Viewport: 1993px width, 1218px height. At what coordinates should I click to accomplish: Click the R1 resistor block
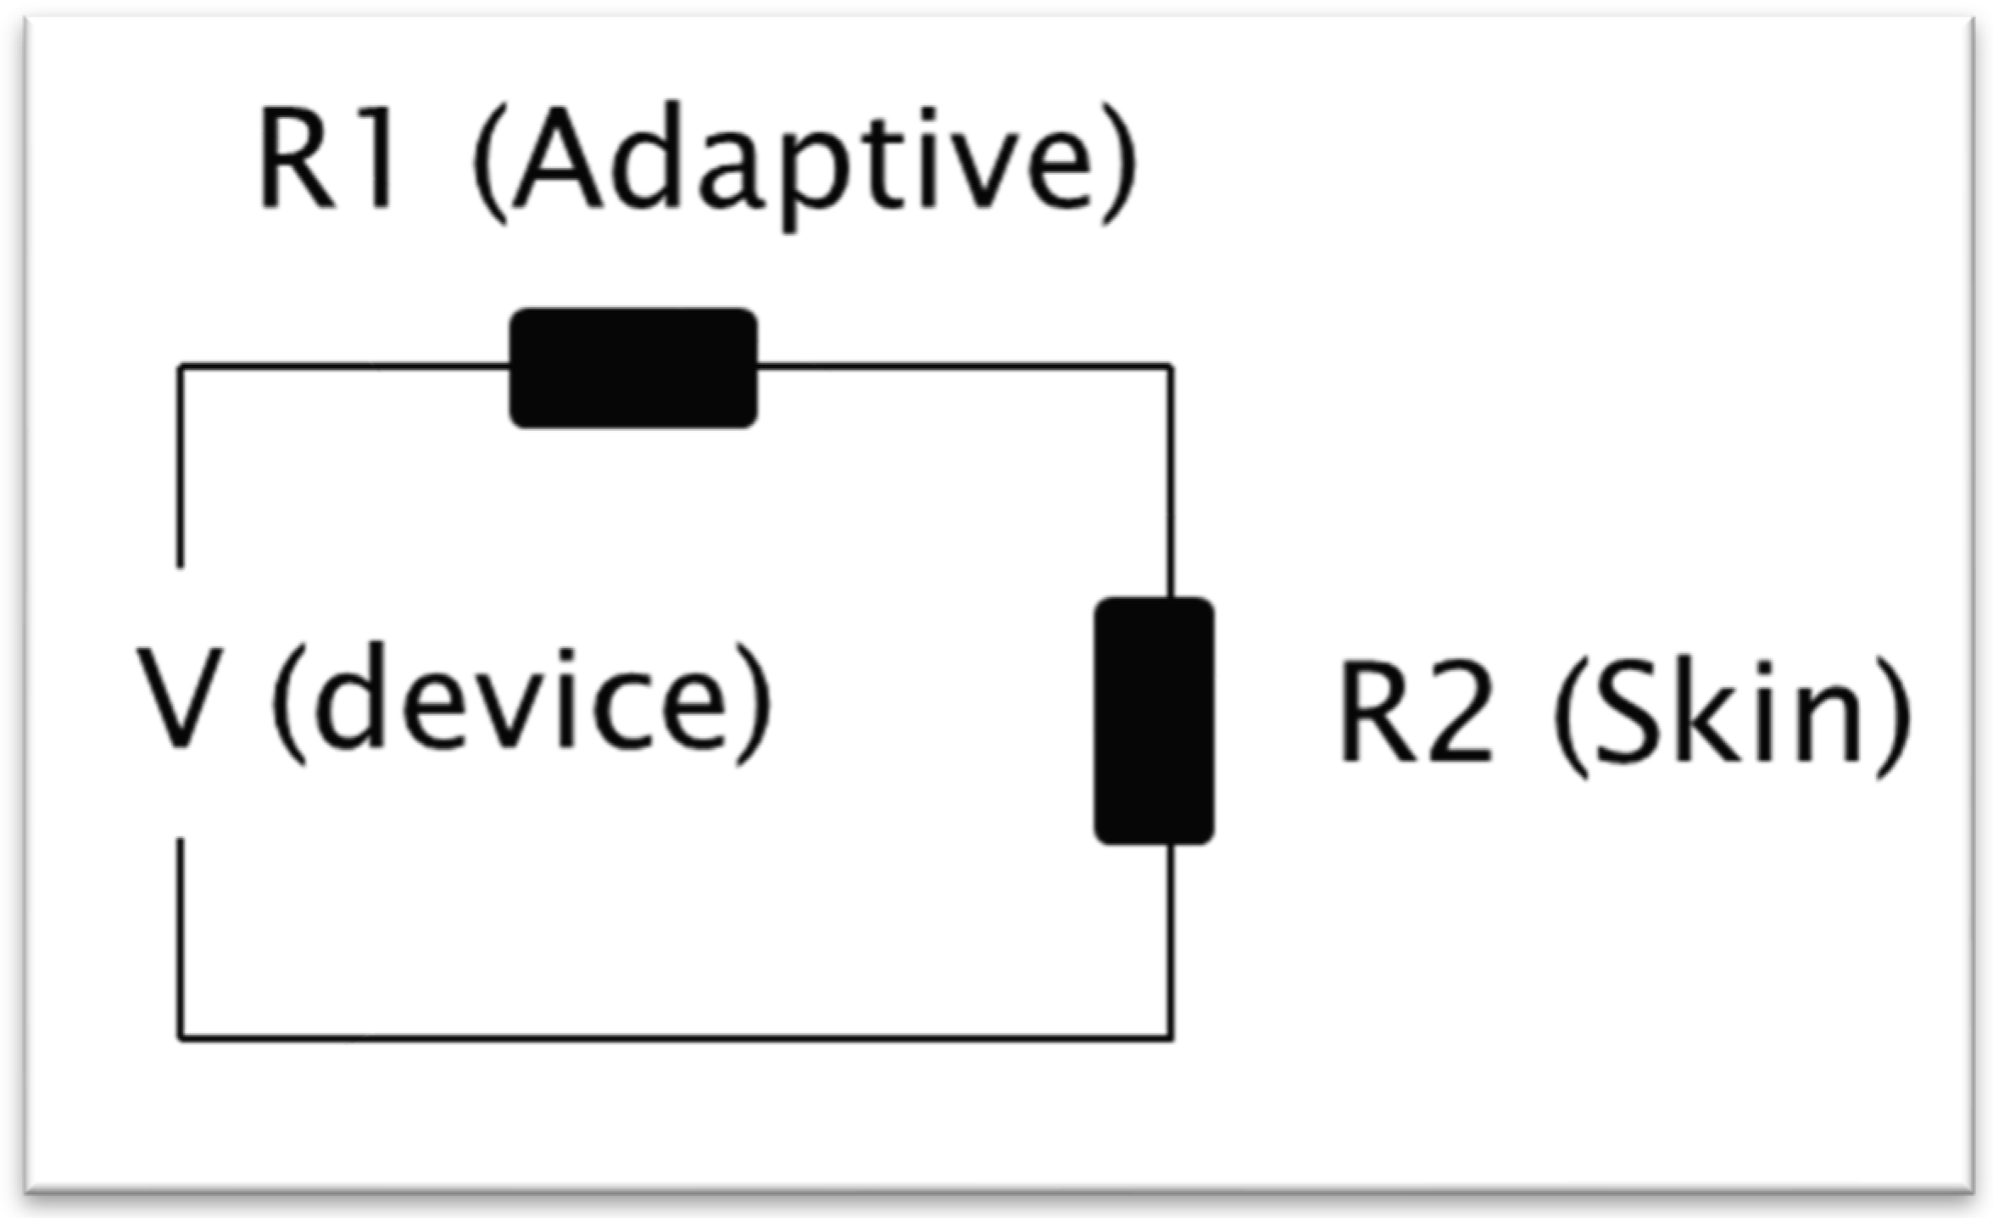[632, 368]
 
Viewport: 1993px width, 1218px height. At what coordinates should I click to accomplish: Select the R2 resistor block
[1154, 720]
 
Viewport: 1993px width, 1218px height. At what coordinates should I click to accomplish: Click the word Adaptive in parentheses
[801, 161]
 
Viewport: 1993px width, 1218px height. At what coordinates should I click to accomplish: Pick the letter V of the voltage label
[180, 697]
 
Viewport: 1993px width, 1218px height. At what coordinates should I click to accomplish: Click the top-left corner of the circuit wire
[180, 366]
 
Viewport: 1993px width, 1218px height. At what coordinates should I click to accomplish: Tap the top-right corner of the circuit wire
[1172, 366]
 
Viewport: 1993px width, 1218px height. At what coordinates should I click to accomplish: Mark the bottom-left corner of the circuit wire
[180, 1036]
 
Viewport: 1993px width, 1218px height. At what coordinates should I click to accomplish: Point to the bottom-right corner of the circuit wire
[1172, 1036]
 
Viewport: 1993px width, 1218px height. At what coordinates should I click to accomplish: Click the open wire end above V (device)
[180, 564]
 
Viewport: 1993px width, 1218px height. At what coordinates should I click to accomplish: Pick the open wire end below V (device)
[180, 841]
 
